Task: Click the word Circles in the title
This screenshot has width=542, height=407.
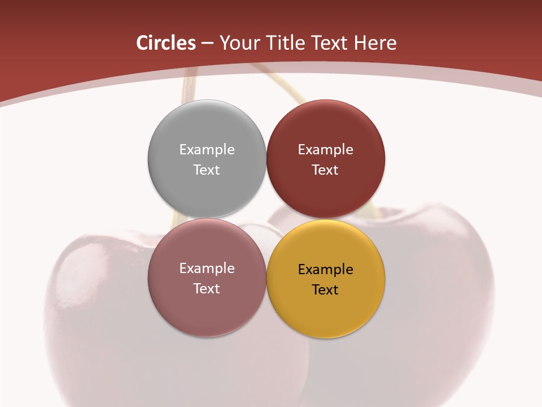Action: (166, 43)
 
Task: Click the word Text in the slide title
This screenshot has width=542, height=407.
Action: (330, 43)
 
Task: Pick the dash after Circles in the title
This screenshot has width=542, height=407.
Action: (207, 44)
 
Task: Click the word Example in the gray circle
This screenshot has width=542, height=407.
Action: (207, 149)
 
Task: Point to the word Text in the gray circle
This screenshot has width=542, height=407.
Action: (207, 170)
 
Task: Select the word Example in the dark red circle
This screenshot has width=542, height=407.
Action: (325, 149)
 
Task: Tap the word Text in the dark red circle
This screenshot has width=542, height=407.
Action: (325, 170)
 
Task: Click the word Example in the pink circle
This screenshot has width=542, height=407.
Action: (207, 268)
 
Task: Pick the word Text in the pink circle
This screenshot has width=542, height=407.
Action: (207, 288)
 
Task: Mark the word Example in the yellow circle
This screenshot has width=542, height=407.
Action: (325, 269)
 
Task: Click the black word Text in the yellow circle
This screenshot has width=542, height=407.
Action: (325, 289)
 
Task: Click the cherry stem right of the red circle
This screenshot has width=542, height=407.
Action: (373, 212)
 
